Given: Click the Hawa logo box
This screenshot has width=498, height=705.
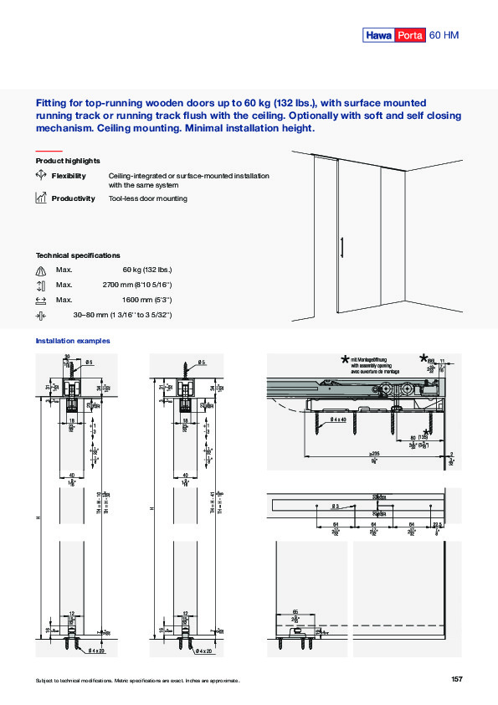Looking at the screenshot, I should point(377,35).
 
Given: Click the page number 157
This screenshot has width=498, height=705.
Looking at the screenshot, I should point(456,679).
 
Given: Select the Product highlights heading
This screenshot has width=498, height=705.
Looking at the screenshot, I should point(68,160).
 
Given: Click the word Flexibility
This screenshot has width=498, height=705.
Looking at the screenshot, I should point(69,176).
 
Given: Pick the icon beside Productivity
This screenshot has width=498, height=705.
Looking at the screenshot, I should point(41,198).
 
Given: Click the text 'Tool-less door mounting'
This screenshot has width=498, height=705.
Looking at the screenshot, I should point(147,198).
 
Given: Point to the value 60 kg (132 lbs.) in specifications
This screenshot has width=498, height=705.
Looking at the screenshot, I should point(146,270).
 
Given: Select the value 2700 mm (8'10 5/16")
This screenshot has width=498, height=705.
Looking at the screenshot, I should point(136,285).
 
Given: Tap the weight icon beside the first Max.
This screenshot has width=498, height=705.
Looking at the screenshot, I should point(41,270).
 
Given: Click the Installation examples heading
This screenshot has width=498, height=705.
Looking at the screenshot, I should point(73,341).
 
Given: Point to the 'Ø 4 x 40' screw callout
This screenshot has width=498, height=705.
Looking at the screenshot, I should point(341,419).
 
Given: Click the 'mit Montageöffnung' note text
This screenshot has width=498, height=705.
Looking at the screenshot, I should point(371,359).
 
